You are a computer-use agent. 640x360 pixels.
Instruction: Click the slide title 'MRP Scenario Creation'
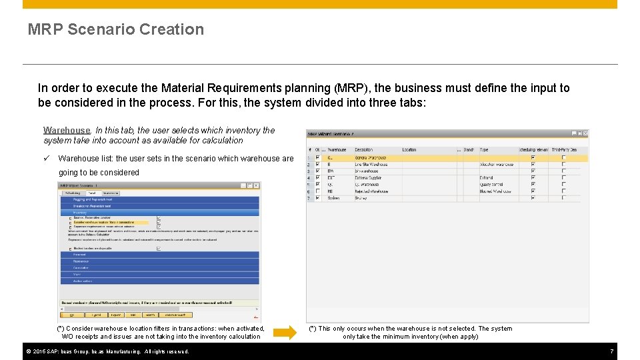click(116, 29)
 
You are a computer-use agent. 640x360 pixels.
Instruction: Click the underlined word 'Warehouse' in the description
click(67, 130)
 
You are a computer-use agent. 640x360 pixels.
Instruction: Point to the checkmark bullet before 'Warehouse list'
click(47, 159)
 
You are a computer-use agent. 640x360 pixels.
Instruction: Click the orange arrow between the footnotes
click(284, 333)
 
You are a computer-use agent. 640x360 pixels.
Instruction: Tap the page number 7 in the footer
click(611, 351)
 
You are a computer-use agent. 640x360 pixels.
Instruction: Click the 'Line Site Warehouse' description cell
click(371, 165)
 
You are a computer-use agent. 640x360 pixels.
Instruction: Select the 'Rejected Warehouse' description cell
click(371, 191)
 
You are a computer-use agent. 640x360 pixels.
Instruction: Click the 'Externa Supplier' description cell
click(368, 178)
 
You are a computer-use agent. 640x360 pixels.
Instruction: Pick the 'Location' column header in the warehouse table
click(409, 150)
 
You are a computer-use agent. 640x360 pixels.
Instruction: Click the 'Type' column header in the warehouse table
click(485, 150)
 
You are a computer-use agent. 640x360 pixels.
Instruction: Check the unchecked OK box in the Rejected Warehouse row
click(318, 191)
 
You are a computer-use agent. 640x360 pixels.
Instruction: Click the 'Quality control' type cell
click(492, 185)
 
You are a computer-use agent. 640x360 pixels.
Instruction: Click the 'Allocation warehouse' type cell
click(497, 165)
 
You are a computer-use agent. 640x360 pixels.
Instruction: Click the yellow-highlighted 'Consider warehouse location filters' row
click(107, 222)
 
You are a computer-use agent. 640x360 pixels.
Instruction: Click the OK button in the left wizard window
click(72, 315)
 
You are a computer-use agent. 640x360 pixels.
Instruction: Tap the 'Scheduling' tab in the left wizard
click(71, 193)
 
